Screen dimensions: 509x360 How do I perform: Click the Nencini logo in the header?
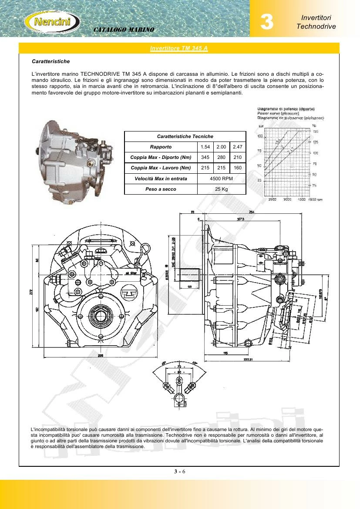tap(52, 20)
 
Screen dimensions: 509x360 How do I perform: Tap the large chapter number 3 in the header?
tap(266, 22)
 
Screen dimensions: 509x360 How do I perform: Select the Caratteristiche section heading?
tap(51, 61)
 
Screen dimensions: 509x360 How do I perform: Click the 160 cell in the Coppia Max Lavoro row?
tap(237, 168)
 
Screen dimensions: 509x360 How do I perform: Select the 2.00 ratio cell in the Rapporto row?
tap(221, 147)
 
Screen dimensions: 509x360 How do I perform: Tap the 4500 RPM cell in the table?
tap(221, 179)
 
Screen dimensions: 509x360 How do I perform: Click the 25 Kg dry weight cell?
tap(221, 189)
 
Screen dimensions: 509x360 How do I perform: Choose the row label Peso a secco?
tap(161, 189)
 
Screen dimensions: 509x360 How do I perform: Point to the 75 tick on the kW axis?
tap(260, 151)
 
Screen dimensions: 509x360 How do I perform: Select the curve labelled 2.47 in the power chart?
tap(291, 149)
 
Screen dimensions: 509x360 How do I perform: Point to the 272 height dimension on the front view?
tap(31, 292)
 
